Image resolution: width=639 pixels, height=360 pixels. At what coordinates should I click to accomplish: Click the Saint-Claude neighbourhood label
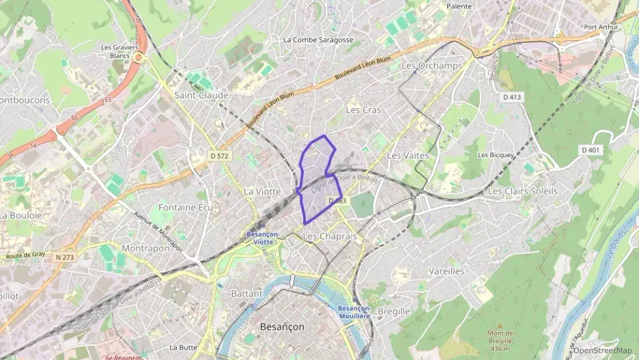click(x=201, y=96)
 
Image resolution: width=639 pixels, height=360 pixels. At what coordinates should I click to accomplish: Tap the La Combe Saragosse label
click(x=318, y=40)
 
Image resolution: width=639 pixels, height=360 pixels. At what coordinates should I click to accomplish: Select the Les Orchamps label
click(x=432, y=66)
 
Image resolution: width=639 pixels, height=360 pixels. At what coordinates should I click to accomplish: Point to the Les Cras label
click(x=363, y=109)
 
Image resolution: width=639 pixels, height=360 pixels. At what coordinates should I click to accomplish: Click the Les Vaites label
click(x=408, y=156)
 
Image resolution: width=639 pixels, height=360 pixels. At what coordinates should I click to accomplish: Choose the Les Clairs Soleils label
click(x=522, y=191)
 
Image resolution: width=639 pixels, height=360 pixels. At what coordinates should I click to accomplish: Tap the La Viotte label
click(x=262, y=191)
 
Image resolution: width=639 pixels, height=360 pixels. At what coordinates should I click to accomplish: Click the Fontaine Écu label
click(x=186, y=207)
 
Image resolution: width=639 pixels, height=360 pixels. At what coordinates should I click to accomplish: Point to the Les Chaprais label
click(x=329, y=236)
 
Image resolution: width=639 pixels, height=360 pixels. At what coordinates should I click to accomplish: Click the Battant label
click(x=246, y=293)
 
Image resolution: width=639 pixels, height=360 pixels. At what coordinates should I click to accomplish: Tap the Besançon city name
click(x=282, y=327)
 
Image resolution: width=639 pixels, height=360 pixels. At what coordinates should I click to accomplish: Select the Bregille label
click(x=394, y=311)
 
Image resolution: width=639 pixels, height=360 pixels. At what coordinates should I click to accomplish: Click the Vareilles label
click(x=446, y=271)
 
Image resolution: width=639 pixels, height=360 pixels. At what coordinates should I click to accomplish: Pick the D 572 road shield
click(x=220, y=156)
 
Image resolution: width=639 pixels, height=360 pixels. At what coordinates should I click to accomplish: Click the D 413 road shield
click(x=512, y=97)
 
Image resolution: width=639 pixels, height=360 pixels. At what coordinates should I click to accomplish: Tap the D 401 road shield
click(x=590, y=150)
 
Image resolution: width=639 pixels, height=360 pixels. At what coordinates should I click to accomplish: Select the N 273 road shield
click(x=64, y=257)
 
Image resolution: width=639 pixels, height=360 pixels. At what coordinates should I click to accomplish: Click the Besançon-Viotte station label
click(x=263, y=238)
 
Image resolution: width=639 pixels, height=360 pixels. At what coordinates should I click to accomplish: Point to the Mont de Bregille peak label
click(x=500, y=337)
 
